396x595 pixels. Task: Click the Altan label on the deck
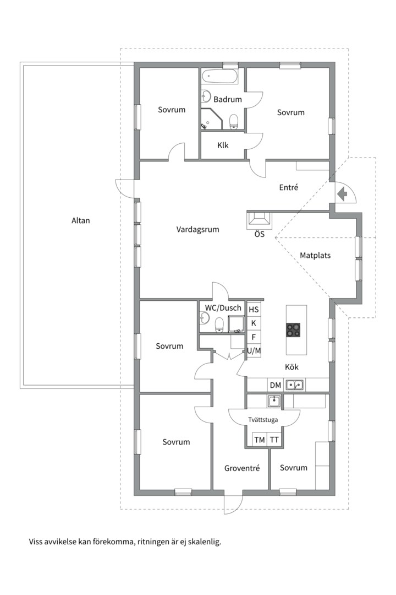[81, 220]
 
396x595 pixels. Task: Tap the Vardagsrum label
[197, 230]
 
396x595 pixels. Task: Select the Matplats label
[315, 256]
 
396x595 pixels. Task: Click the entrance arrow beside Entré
[342, 194]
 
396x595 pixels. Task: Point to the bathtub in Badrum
[220, 76]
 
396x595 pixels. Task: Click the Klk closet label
[223, 145]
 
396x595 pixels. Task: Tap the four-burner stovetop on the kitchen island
[293, 330]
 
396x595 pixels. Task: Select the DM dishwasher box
[276, 386]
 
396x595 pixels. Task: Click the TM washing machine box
[260, 440]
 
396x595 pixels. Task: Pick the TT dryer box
[274, 440]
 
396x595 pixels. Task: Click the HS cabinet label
[254, 310]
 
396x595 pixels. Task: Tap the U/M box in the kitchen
[254, 350]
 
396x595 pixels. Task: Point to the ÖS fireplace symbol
[259, 221]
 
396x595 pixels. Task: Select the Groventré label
[242, 468]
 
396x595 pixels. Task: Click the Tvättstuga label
[263, 420]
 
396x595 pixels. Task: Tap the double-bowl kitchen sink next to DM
[294, 385]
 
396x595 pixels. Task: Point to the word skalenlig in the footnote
[204, 542]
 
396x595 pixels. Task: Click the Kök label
[292, 367]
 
